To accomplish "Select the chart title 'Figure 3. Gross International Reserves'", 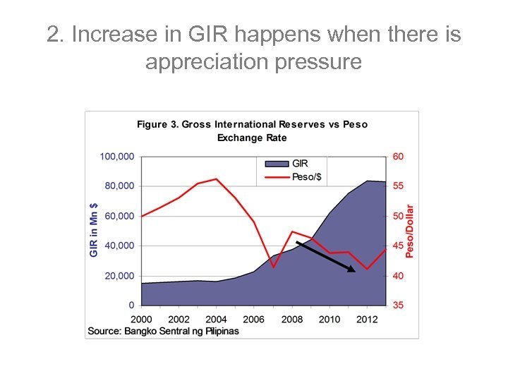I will [x=252, y=124].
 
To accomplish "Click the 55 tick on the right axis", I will [x=398, y=186].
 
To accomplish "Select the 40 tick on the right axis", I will [x=398, y=276].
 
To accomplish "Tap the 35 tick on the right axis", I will [x=398, y=306].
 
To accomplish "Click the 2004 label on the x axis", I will [x=216, y=319].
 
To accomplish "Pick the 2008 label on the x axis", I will [x=291, y=319].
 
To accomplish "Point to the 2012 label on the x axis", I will [x=367, y=319].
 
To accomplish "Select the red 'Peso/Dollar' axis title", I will [x=411, y=231].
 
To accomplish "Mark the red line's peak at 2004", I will [x=216, y=179].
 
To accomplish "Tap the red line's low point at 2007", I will [x=273, y=267].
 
